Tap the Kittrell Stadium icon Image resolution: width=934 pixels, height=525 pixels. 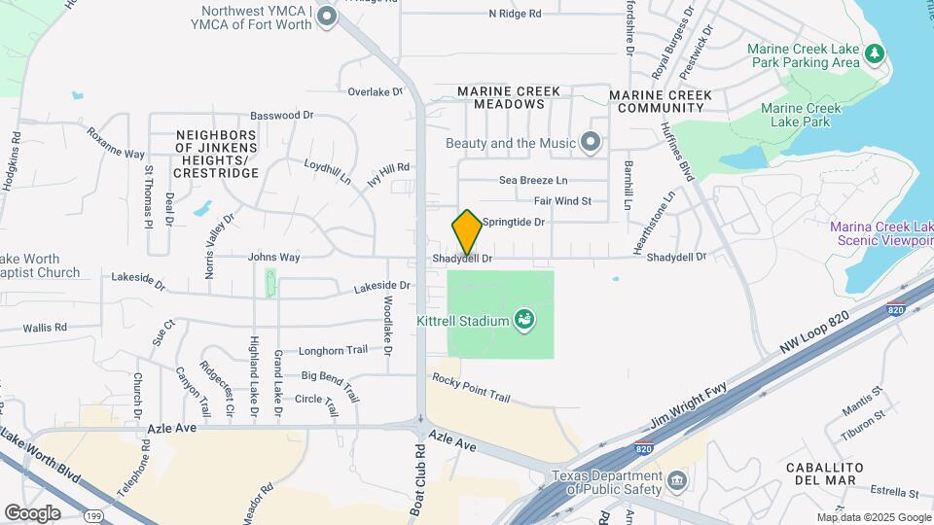tap(525, 320)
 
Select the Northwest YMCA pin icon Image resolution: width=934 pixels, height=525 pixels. tap(327, 17)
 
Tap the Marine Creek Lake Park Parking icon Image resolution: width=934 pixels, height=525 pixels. tap(875, 54)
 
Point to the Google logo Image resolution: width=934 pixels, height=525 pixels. tap(32, 512)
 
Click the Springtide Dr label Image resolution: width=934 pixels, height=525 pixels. tap(513, 223)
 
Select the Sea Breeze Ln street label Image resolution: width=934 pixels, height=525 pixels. tap(532, 181)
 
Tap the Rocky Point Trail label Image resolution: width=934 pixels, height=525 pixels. tap(471, 388)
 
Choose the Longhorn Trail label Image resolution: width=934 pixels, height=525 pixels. tap(334, 350)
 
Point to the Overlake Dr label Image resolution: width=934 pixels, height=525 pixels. tap(375, 92)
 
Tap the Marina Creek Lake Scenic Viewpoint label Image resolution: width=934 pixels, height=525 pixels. tap(881, 234)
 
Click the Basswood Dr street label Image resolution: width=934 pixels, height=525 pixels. tap(281, 115)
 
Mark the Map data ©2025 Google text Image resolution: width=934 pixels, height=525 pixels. tap(873, 517)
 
